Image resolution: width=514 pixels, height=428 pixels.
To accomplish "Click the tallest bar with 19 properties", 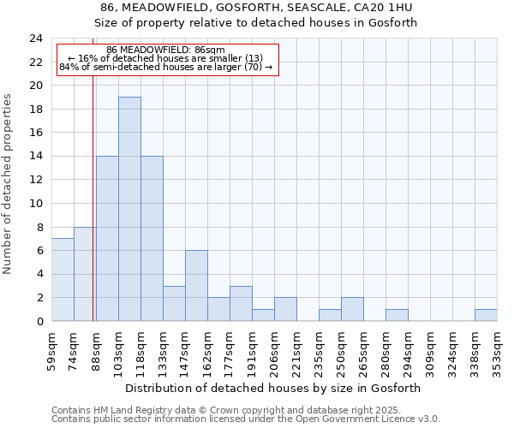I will coord(129,209).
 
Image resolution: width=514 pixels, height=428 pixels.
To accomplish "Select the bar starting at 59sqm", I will coord(63,280).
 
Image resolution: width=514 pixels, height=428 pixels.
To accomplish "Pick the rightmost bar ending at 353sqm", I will coord(486,315).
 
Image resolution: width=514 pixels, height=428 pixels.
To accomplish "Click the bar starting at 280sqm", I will coord(397,315).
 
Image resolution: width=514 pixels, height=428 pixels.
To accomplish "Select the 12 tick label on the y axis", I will coord(35,180).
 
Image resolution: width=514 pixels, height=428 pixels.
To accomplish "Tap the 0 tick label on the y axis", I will coord(39,321).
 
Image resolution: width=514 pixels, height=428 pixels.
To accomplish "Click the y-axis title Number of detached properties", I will coord(9,184).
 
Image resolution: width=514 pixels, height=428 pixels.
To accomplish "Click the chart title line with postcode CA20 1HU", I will coord(257,8).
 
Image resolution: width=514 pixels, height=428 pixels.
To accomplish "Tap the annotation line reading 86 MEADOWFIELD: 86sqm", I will coord(166,51).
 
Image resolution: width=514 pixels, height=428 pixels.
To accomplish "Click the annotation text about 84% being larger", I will coord(166,67).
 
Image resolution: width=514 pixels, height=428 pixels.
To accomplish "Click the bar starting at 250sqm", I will coord(352,309).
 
